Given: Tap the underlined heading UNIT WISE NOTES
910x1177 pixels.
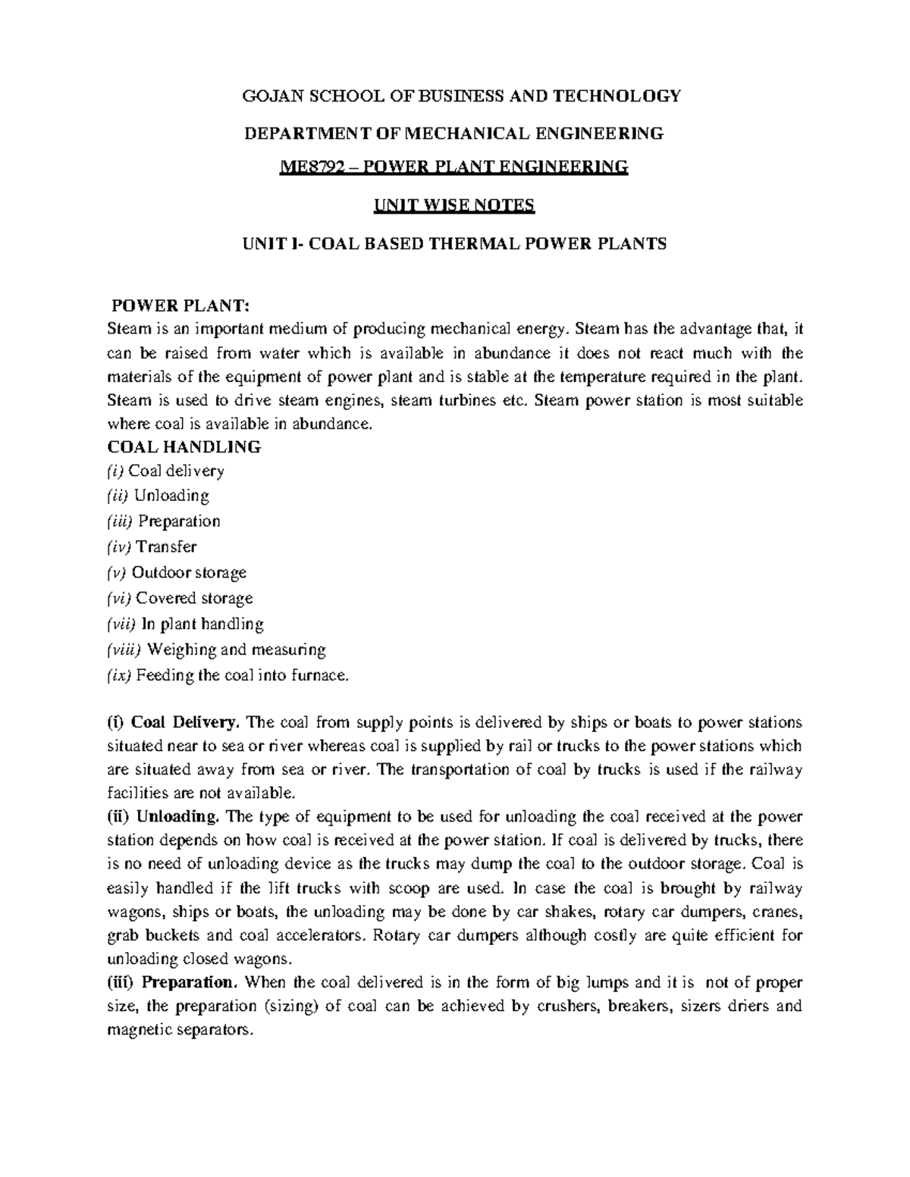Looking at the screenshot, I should (454, 205).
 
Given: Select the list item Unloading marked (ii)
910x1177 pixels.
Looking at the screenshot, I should (171, 496).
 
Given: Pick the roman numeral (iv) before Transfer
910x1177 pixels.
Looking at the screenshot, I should (119, 547).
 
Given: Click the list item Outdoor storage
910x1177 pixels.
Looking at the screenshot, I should (189, 573).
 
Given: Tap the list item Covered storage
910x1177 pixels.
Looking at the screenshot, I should (194, 599).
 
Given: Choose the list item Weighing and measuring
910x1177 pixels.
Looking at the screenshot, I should (236, 650).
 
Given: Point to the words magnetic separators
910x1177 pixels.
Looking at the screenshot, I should (178, 1031).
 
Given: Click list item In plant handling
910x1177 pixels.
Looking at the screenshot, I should (203, 624).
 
